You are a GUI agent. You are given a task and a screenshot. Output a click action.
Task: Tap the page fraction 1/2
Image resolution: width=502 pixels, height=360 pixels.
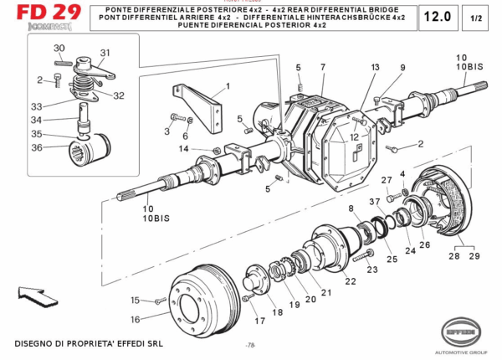point(475,17)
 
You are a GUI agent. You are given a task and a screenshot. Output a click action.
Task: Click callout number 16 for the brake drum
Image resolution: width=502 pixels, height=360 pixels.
point(135,319)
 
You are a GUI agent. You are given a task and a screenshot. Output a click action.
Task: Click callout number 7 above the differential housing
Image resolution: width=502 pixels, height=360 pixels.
point(321,66)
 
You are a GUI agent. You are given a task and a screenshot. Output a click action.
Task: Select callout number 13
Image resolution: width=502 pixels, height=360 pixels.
point(376,66)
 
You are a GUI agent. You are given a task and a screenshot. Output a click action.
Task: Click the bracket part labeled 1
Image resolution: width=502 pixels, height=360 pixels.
point(202,105)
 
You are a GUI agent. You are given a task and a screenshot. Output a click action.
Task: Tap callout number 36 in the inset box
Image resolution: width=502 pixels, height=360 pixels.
point(36,147)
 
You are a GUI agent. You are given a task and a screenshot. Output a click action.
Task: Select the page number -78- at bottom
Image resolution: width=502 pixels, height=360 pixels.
point(250,346)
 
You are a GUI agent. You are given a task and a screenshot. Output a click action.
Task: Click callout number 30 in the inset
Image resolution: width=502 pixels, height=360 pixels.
point(59,48)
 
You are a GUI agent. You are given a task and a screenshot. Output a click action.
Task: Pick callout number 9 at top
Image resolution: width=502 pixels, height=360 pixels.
point(402,67)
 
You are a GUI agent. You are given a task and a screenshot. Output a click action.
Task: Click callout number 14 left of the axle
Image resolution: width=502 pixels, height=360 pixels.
point(182,149)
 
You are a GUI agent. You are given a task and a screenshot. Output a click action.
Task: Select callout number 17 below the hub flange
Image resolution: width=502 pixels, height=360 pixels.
point(259,319)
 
